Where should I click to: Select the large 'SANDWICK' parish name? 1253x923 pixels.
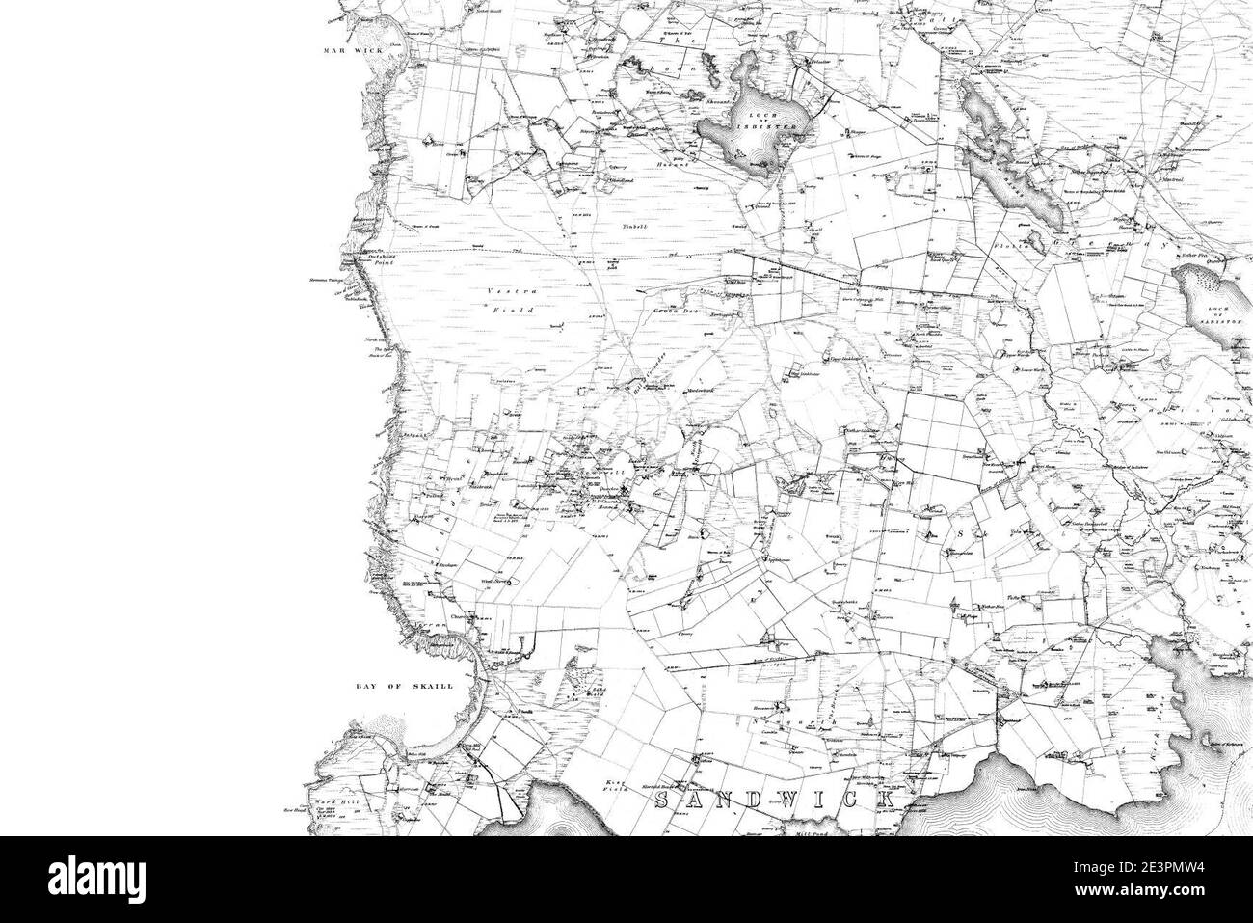click(x=776, y=801)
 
